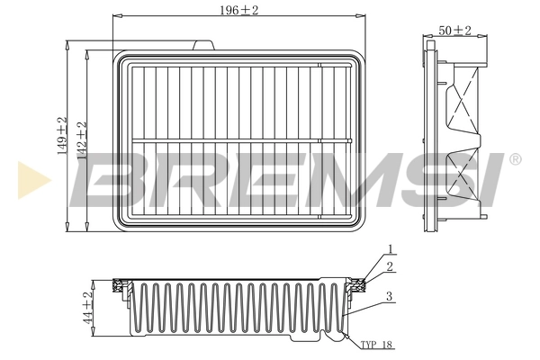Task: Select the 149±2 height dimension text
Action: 62,135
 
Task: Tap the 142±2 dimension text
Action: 81,139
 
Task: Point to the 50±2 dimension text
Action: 455,31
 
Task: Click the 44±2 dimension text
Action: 88,308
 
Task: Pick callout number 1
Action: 390,248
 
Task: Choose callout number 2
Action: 390,266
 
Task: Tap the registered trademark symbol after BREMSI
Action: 515,159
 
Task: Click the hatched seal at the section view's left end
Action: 118,286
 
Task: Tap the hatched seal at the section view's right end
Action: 358,286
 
